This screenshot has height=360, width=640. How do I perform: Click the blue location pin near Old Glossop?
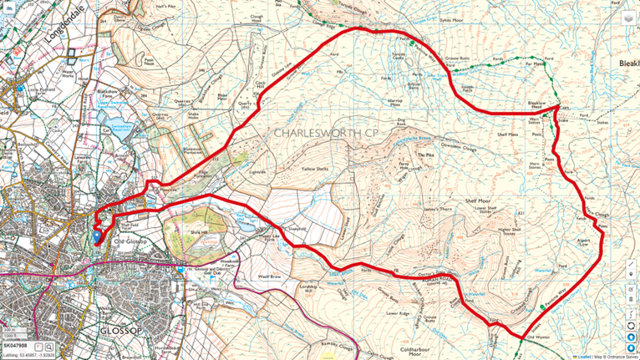coord(96,236)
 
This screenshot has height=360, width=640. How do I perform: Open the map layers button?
coord(627,17)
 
